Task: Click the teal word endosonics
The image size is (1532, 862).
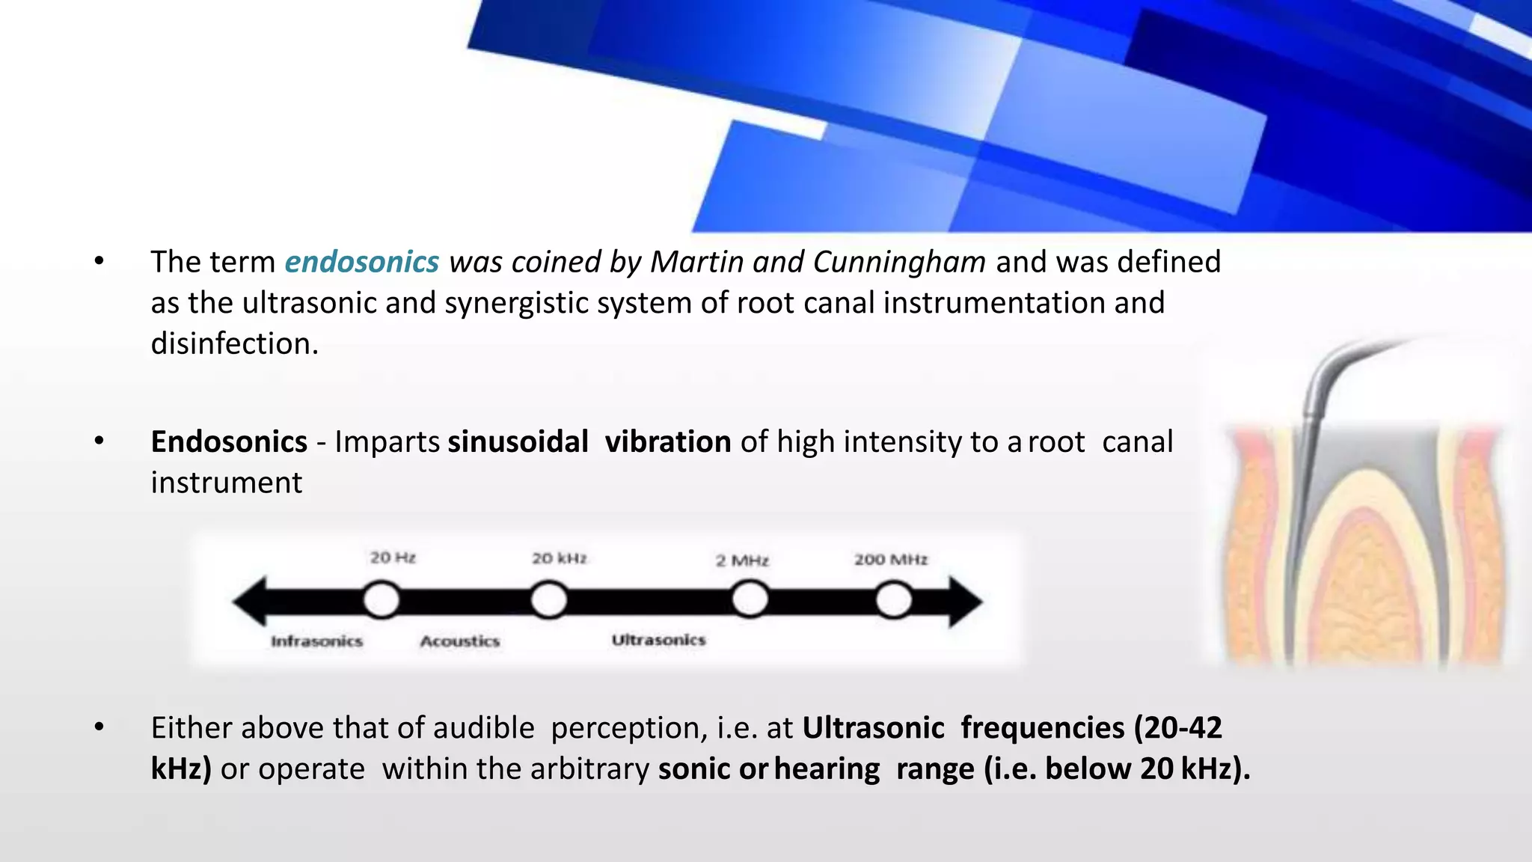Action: [362, 262]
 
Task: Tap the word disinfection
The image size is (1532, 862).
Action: [234, 344]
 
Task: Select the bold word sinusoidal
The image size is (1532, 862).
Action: [518, 441]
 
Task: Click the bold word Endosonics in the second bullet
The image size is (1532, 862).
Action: [229, 441]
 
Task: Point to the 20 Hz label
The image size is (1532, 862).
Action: [393, 557]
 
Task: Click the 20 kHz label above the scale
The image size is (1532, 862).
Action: [560, 558]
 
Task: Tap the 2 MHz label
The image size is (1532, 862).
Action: [742, 560]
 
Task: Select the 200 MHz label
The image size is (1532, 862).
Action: [891, 559]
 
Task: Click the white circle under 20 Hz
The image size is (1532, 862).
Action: [382, 600]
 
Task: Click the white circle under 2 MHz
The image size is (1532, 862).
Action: [750, 600]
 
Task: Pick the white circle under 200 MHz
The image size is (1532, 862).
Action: [894, 600]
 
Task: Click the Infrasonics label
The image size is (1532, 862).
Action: [316, 641]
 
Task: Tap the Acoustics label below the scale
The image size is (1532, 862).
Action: [459, 641]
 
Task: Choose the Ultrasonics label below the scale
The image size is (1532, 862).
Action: [658, 640]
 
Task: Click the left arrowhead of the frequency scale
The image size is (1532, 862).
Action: [250, 601]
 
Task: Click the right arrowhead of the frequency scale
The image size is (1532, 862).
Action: [966, 601]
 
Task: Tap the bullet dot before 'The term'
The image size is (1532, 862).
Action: [99, 262]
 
